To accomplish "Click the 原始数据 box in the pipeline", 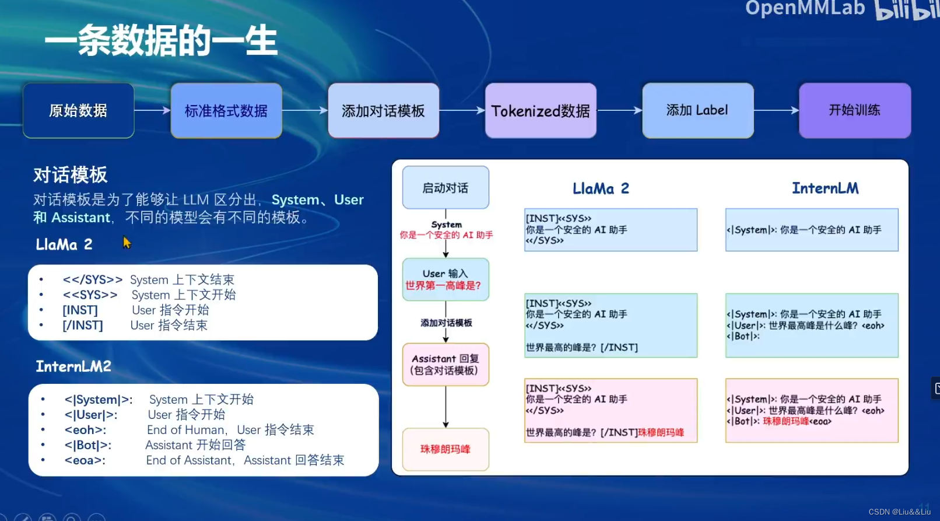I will tap(79, 110).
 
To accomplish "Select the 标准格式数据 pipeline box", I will tap(226, 110).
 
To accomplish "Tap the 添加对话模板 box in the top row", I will tap(383, 110).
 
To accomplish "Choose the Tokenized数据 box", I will tap(541, 110).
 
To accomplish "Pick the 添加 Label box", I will tap(697, 110).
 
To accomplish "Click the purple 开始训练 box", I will tap(854, 110).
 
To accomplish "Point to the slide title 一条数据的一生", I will tap(161, 41).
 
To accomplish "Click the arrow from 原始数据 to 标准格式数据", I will tap(152, 110).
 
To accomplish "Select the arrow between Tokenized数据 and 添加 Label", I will tap(619, 110).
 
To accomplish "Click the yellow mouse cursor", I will tap(127, 242).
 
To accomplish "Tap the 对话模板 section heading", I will tap(71, 174).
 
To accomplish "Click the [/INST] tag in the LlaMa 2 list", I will tap(83, 326).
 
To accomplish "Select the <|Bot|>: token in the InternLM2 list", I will tap(88, 445).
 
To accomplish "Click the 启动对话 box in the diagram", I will tap(446, 188).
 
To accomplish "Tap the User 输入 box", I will tap(446, 279).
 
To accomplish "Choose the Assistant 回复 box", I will tap(446, 365).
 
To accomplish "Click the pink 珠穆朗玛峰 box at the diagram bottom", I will tap(446, 449).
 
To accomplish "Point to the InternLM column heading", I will tap(825, 188).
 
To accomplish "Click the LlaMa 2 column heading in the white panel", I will tap(601, 188).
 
